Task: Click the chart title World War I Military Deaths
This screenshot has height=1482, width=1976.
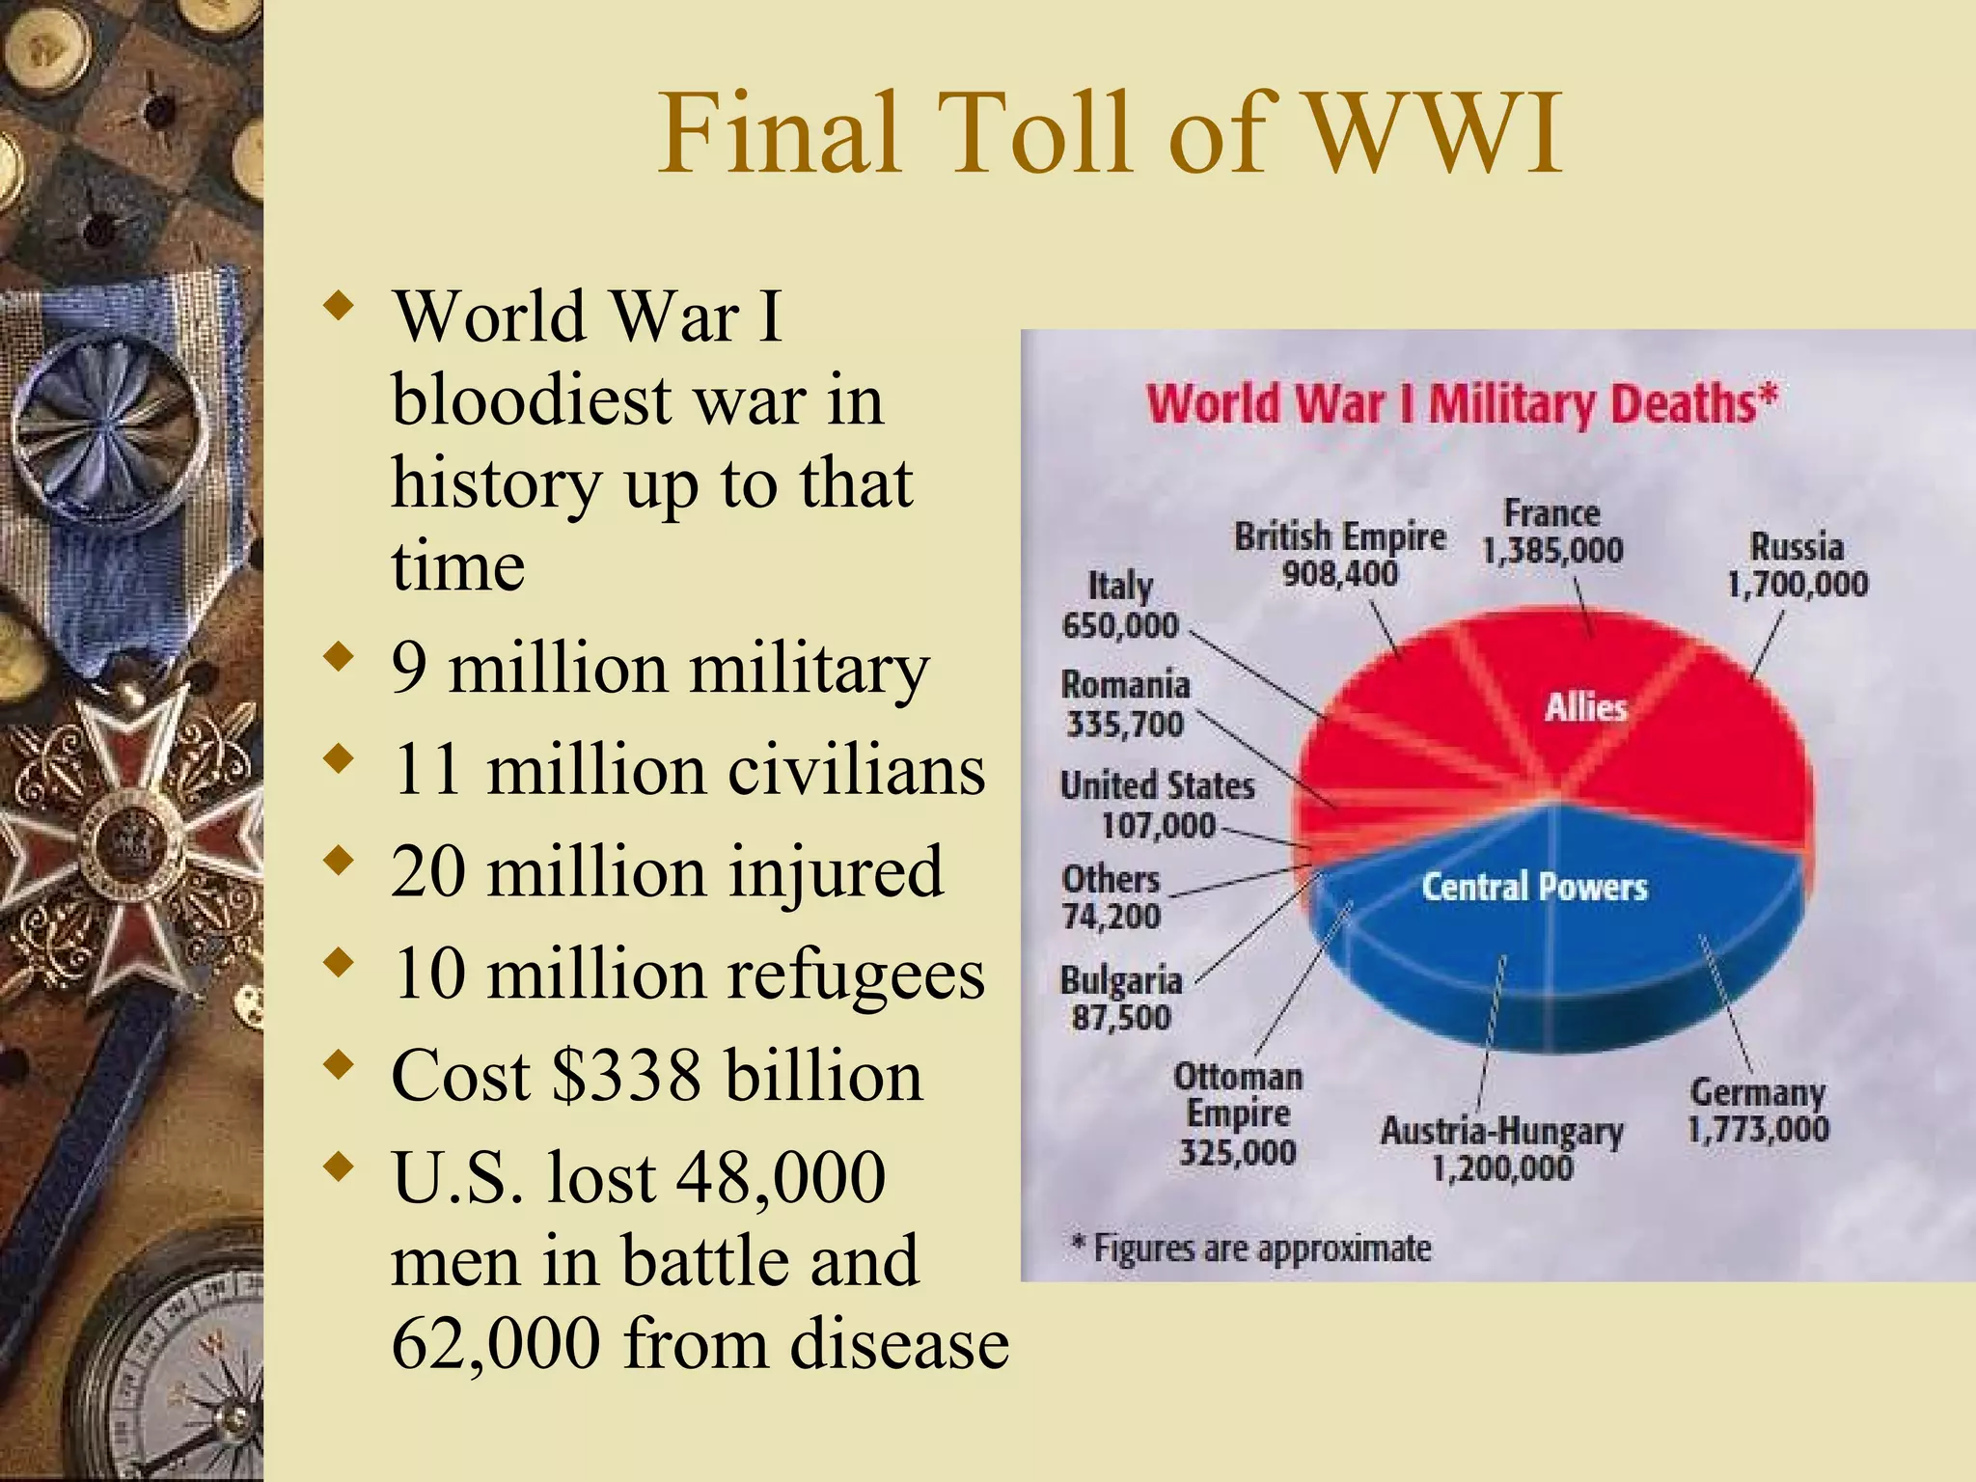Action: coord(1460,403)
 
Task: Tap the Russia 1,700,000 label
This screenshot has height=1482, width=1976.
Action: coord(1797,565)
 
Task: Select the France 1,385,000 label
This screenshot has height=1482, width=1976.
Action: coord(1552,532)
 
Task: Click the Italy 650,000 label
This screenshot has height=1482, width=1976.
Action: coord(1120,606)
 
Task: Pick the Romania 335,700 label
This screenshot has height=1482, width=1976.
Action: coord(1125,704)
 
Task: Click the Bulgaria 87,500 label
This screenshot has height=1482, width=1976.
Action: coord(1121,999)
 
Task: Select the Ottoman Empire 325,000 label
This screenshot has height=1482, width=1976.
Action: coord(1238,1114)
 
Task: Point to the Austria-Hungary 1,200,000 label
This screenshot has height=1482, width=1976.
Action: coord(1501,1149)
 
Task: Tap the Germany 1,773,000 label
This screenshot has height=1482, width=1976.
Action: coord(1757,1111)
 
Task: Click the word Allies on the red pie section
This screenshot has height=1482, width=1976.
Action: coord(1585,707)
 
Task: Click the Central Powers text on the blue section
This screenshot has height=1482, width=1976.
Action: coord(1534,887)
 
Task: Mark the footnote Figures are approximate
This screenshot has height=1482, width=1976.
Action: coord(1251,1249)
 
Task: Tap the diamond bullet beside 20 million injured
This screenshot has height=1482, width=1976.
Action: coord(338,859)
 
